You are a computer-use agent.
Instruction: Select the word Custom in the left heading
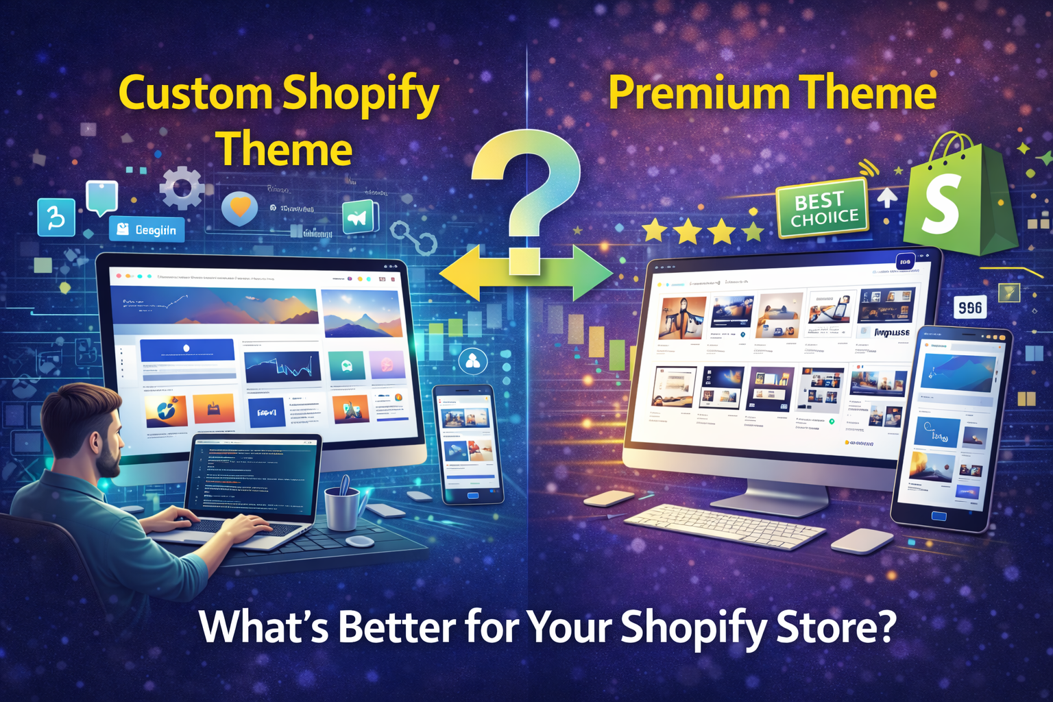point(195,94)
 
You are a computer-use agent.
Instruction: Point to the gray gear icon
point(182,186)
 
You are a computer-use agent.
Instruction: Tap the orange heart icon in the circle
point(239,207)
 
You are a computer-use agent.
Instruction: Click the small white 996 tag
point(970,308)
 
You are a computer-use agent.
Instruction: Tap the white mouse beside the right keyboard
point(861,540)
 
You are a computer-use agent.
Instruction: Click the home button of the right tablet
point(939,516)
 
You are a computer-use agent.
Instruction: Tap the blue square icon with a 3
point(56,217)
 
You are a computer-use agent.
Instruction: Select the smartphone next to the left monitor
point(468,443)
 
